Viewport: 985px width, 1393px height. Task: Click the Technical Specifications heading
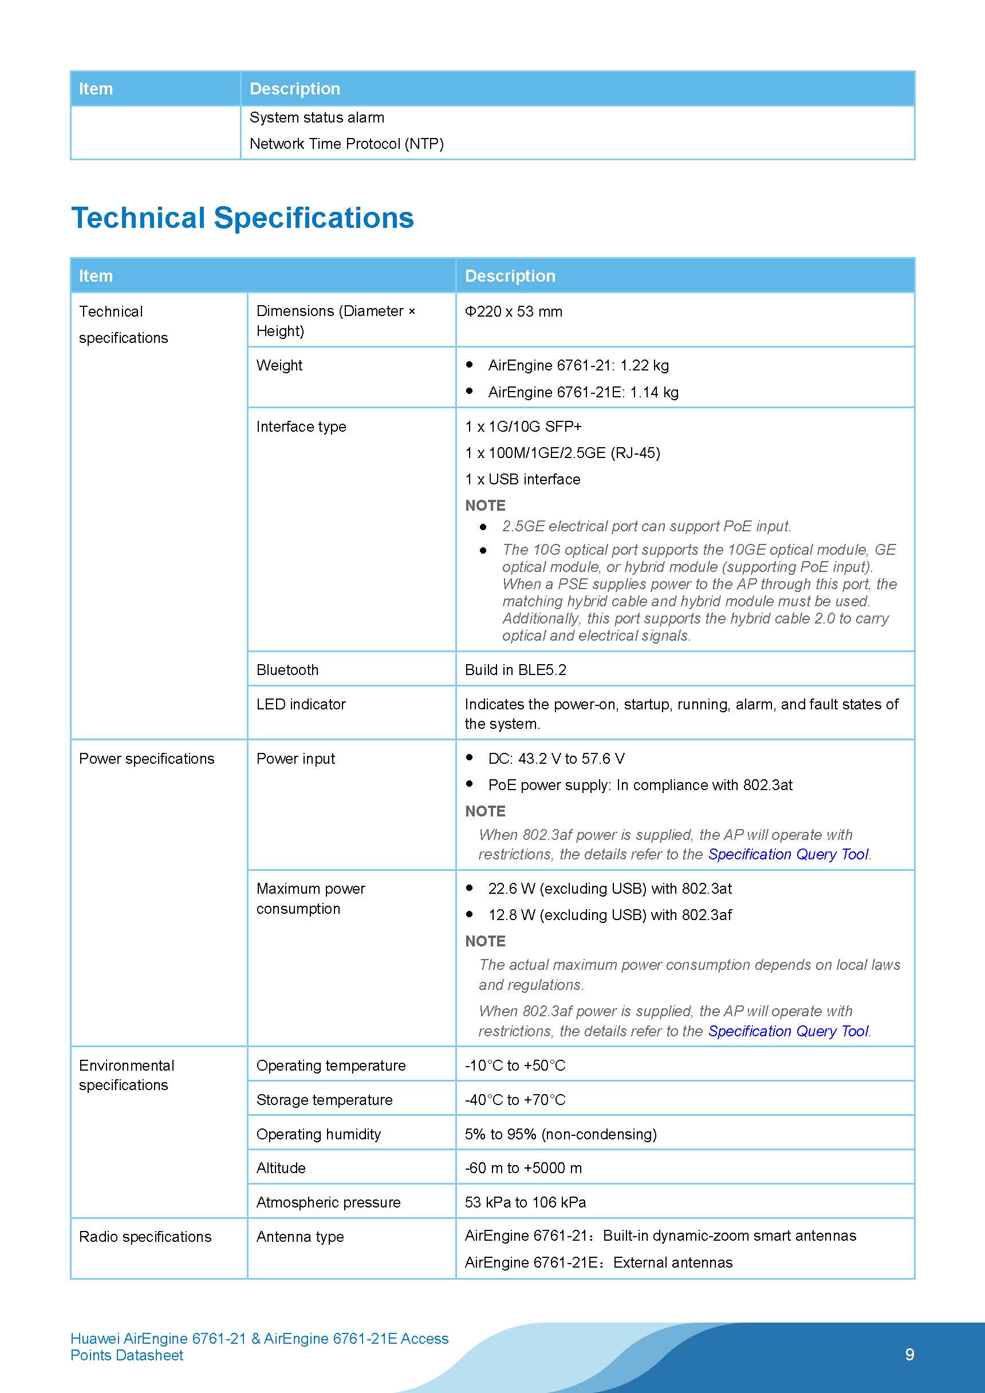(x=242, y=218)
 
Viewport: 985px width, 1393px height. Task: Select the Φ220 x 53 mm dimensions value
(x=514, y=311)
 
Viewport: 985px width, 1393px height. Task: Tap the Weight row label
(x=279, y=365)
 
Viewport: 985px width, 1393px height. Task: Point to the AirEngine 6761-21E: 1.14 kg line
(x=582, y=393)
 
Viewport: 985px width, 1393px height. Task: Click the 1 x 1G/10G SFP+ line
(x=523, y=427)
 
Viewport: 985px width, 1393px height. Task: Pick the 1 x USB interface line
(x=522, y=479)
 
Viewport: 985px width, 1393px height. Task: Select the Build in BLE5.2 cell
(x=515, y=670)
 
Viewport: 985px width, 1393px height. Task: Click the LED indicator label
(x=301, y=704)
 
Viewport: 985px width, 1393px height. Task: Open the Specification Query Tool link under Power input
(x=789, y=854)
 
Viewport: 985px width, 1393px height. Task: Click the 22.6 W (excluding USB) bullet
(x=609, y=889)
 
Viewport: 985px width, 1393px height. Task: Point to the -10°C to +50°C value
(x=515, y=1066)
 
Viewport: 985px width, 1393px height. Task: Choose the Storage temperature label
(x=324, y=1100)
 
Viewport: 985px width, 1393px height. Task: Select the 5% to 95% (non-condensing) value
(x=561, y=1134)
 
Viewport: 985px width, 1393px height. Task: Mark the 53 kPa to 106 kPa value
(x=525, y=1202)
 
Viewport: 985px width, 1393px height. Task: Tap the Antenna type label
(x=300, y=1237)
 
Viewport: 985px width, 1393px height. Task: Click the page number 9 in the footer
(x=909, y=1355)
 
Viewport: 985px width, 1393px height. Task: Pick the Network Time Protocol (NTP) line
(x=346, y=144)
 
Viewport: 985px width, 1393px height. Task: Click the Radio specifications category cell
(x=145, y=1237)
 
